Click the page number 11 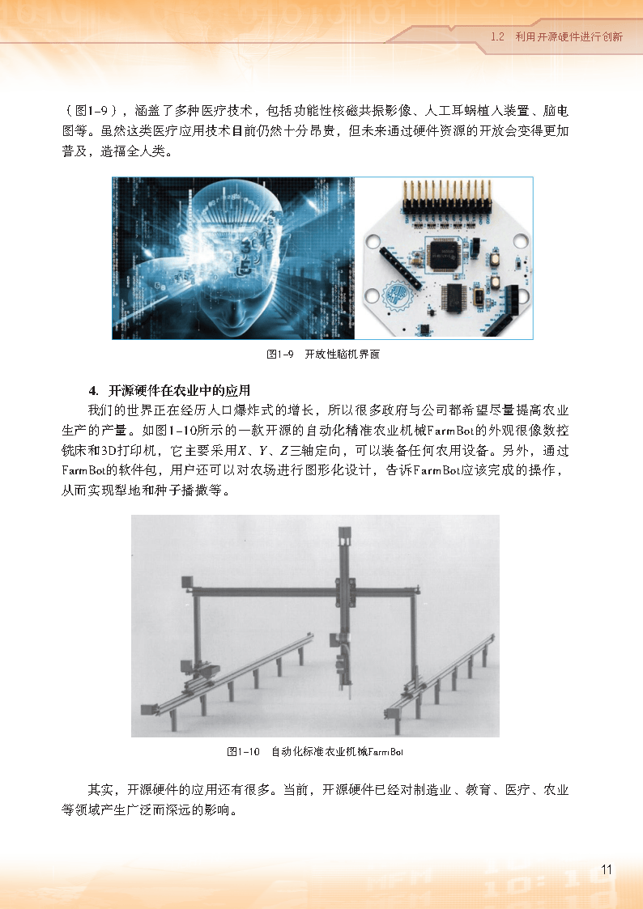click(x=607, y=869)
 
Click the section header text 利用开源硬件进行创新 click(x=568, y=36)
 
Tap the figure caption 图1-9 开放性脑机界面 click(x=323, y=355)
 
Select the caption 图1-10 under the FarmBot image click(x=243, y=752)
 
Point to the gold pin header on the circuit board click(x=447, y=198)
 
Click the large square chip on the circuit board click(x=445, y=254)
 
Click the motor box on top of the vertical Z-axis click(x=345, y=535)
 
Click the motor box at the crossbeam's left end click(x=187, y=582)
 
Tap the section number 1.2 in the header click(x=497, y=36)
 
